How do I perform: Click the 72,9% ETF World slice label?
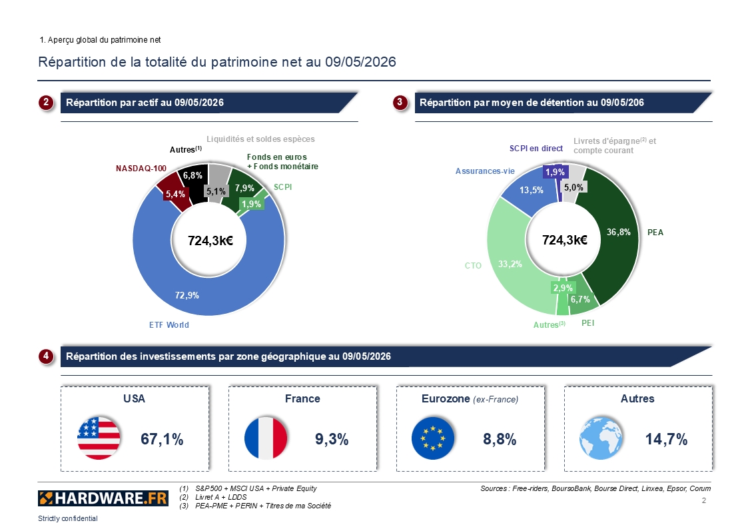[187, 295]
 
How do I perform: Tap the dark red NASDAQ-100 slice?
[173, 191]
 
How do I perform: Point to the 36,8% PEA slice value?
[619, 233]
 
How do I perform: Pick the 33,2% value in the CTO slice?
[510, 264]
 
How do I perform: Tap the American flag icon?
[99, 438]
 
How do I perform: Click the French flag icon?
[266, 438]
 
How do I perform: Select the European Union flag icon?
[433, 438]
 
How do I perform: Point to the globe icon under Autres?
[601, 438]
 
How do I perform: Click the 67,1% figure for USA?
[163, 439]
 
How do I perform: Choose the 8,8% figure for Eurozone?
[500, 439]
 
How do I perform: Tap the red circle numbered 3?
[400, 102]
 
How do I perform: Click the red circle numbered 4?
[46, 356]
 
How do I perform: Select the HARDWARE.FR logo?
[103, 498]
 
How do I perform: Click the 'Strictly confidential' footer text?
[68, 518]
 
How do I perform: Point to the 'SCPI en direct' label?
[536, 149]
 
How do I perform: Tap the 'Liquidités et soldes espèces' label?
[260, 139]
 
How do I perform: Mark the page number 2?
[703, 500]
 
